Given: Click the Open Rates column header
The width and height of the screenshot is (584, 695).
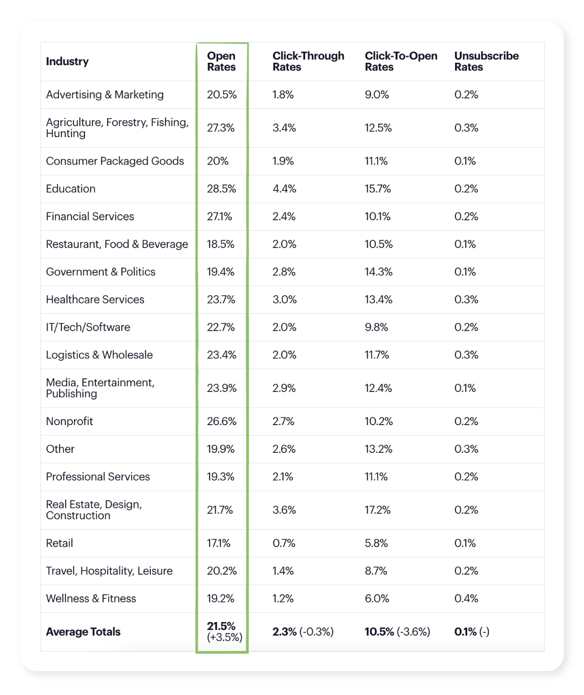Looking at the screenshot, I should [x=221, y=62].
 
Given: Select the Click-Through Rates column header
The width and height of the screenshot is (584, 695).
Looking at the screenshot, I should [x=308, y=62].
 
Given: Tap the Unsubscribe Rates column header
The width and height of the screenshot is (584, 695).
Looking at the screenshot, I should [x=486, y=62].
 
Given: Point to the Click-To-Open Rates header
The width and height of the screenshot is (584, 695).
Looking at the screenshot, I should [x=401, y=62].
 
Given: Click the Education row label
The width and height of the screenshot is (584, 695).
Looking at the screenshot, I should [x=71, y=189].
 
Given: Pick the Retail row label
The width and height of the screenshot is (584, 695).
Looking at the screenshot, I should [x=59, y=543].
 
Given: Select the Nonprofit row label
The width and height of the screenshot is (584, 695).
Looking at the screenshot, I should [x=69, y=421].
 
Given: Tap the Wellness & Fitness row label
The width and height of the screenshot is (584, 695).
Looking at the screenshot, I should [x=91, y=599].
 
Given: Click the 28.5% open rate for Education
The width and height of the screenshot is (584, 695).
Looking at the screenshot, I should [x=221, y=189].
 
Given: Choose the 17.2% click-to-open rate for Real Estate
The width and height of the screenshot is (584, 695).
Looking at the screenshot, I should [x=378, y=510].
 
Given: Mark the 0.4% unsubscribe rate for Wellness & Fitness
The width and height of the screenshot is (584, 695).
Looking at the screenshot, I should [x=466, y=599].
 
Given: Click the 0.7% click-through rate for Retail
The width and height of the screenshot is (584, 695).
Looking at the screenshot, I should [x=284, y=543].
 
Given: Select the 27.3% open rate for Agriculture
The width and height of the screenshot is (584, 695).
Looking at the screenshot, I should [x=220, y=128].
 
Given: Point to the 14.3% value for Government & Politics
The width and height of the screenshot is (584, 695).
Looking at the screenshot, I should [x=379, y=272].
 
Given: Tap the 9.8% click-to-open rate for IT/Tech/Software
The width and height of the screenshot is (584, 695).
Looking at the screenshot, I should [x=376, y=327].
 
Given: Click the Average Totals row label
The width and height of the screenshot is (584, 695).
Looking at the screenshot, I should [x=83, y=632].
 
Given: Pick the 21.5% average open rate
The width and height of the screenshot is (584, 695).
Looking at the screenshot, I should [x=221, y=626].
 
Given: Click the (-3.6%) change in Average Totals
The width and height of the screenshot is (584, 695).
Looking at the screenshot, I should [x=413, y=632].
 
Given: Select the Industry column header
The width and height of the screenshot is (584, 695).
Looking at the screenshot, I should [x=67, y=62].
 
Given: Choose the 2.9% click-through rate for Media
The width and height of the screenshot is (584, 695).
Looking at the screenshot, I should [x=284, y=388].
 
